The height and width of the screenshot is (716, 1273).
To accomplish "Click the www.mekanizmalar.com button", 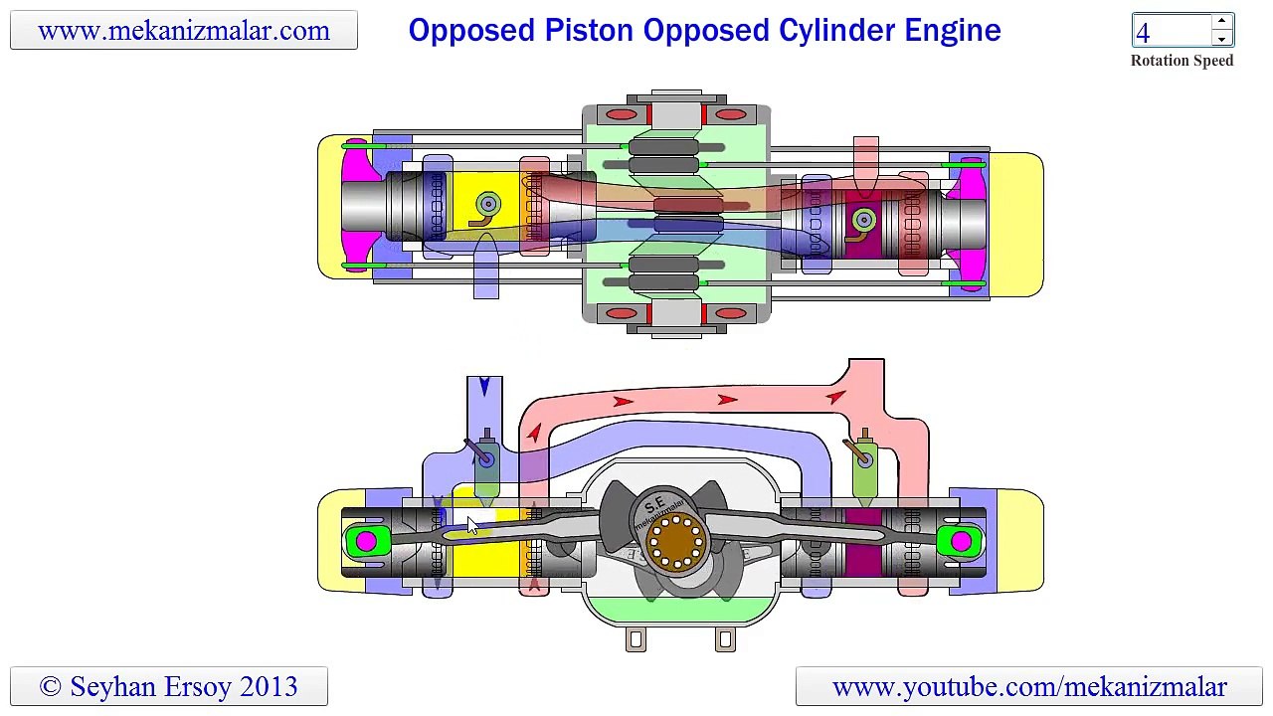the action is pyautogui.click(x=184, y=30).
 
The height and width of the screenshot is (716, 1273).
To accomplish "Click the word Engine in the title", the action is pyautogui.click(x=953, y=30).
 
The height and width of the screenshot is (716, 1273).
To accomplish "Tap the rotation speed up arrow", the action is pyautogui.click(x=1221, y=21).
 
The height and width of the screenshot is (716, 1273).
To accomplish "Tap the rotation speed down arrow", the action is pyautogui.click(x=1221, y=39).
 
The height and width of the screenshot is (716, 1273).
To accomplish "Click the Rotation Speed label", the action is pyautogui.click(x=1182, y=61).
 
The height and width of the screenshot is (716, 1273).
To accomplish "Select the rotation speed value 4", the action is pyautogui.click(x=1143, y=33).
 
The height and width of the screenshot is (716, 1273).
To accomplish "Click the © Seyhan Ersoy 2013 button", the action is pyautogui.click(x=169, y=686).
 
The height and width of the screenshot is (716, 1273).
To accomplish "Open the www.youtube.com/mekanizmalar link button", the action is pyautogui.click(x=1029, y=686).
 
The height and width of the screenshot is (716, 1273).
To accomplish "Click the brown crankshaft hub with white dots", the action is pyautogui.click(x=675, y=542).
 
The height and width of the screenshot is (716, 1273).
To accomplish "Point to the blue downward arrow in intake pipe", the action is pyautogui.click(x=484, y=387).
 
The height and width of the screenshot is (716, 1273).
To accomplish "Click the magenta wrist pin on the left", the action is pyautogui.click(x=365, y=541).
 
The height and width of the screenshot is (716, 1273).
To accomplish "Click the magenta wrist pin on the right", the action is pyautogui.click(x=961, y=541).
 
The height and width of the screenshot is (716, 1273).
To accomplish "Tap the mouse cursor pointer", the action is pyautogui.click(x=471, y=526).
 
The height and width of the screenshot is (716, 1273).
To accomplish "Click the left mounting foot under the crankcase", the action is pyautogui.click(x=636, y=639).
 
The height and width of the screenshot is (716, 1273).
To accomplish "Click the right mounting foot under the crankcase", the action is pyautogui.click(x=725, y=639).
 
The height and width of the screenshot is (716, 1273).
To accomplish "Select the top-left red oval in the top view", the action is pyautogui.click(x=622, y=114).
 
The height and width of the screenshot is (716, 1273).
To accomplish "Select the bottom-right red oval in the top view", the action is pyautogui.click(x=731, y=313).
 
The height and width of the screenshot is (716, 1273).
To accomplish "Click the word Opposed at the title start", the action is pyautogui.click(x=471, y=30).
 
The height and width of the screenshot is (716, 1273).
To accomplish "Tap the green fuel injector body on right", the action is pyautogui.click(x=864, y=474).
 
